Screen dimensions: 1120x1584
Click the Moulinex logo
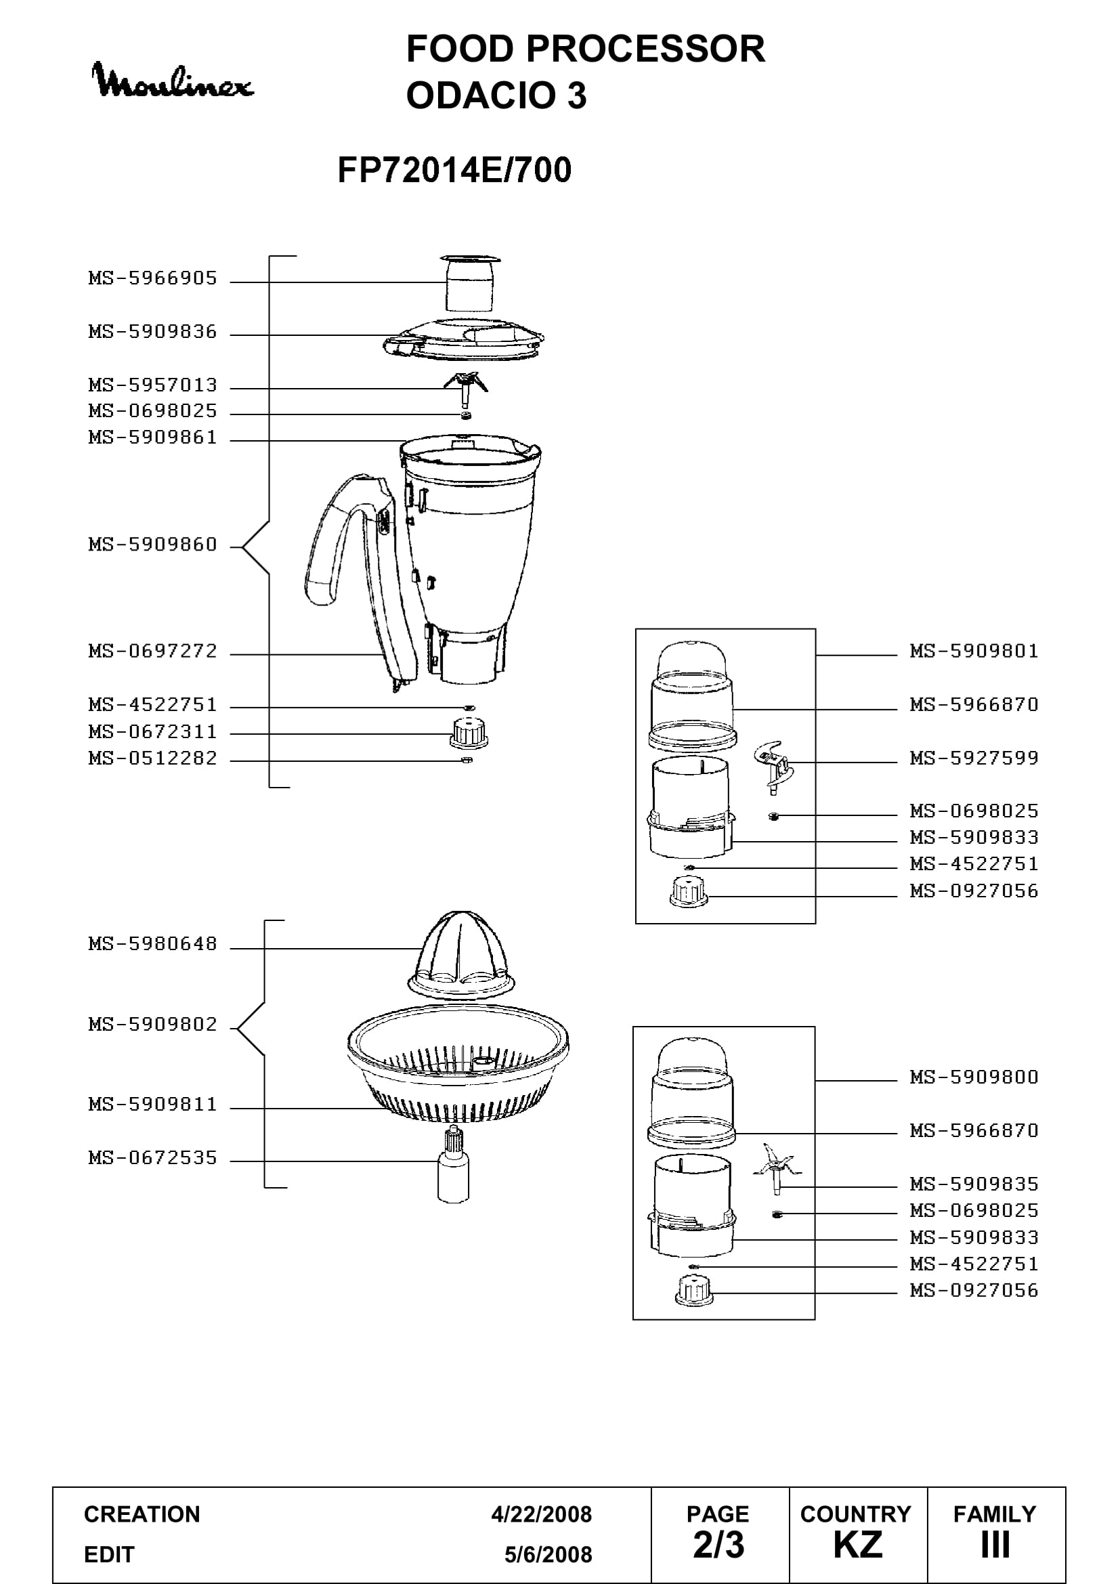click(173, 80)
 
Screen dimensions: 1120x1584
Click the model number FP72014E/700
click(454, 170)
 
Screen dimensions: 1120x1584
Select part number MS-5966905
click(152, 278)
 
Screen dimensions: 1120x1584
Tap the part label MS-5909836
click(152, 332)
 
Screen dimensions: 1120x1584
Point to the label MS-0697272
click(152, 651)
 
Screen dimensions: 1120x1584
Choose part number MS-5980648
click(152, 943)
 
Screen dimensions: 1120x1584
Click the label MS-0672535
click(152, 1157)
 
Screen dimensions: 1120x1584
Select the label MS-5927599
click(974, 758)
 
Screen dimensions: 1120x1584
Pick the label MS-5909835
click(974, 1184)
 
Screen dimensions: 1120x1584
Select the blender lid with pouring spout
click(463, 338)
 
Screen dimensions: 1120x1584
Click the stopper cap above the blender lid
click(470, 283)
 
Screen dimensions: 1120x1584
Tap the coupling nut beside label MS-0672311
click(469, 733)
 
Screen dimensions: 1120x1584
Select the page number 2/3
click(718, 1545)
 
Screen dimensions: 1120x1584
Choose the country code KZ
click(858, 1545)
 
